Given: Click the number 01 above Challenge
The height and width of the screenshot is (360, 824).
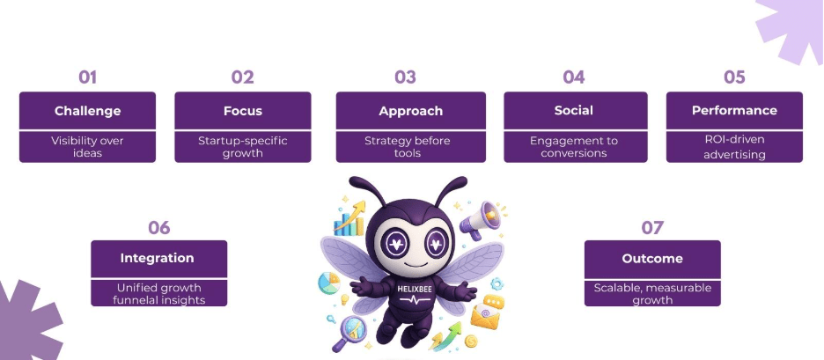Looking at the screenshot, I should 87,77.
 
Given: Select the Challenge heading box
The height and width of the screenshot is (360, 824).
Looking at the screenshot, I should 87,111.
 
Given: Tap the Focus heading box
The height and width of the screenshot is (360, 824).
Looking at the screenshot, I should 242,111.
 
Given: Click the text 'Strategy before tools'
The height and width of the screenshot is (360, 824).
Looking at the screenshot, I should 410,146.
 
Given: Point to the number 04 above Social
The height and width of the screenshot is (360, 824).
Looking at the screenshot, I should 574,77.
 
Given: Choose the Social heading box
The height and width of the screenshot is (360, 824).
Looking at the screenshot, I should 574,111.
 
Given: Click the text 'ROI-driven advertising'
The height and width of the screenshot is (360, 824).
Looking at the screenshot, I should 734,147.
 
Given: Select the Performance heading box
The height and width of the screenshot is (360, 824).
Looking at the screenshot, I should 734,111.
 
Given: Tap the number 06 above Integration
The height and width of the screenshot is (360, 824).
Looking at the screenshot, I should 158,228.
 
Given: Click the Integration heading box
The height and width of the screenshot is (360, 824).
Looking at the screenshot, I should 158,259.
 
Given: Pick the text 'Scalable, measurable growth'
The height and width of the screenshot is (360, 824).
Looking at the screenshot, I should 652,293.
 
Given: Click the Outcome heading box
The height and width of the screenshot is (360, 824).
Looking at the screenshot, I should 652,259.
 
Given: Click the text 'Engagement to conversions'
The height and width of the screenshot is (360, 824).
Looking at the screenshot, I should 574,146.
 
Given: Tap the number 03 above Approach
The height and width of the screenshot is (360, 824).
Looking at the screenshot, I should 405,77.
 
